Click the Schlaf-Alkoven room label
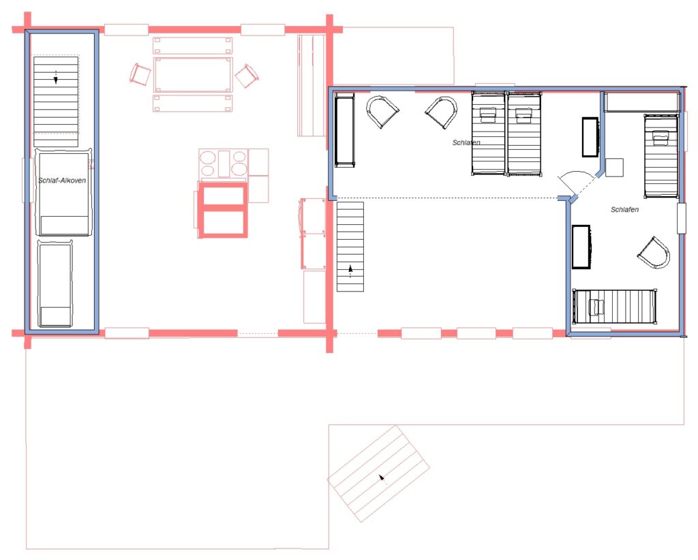point(62,180)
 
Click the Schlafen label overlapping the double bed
point(466,142)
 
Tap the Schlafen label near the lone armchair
point(624,209)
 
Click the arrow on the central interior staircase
point(350,271)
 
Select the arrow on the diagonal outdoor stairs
point(382,479)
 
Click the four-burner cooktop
point(223,164)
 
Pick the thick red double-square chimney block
point(223,209)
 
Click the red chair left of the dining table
point(140,74)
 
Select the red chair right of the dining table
point(247,75)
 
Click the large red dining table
point(193,74)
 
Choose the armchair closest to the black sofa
point(382,111)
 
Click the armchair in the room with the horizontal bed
point(654,253)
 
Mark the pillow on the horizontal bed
point(596,307)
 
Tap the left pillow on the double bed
point(488,114)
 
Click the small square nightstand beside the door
point(614,168)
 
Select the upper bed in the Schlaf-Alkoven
point(63,191)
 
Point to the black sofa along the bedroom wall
point(344,130)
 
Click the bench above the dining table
point(193,46)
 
